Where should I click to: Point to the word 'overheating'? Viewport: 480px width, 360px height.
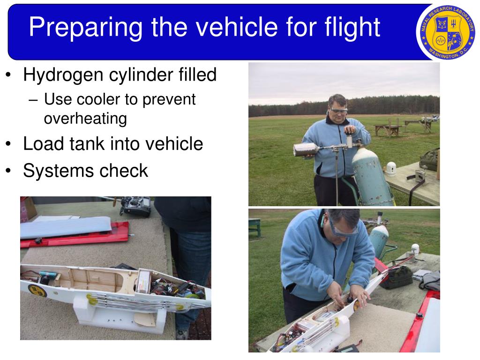coord(85,119)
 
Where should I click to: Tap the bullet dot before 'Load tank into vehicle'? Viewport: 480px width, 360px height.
coord(9,144)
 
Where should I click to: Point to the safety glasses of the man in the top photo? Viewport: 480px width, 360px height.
coord(338,109)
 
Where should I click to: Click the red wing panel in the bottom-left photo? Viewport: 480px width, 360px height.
coord(75,236)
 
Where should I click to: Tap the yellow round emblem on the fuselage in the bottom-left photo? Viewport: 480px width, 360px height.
coord(37,290)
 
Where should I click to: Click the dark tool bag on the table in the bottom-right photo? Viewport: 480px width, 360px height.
coord(397,277)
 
